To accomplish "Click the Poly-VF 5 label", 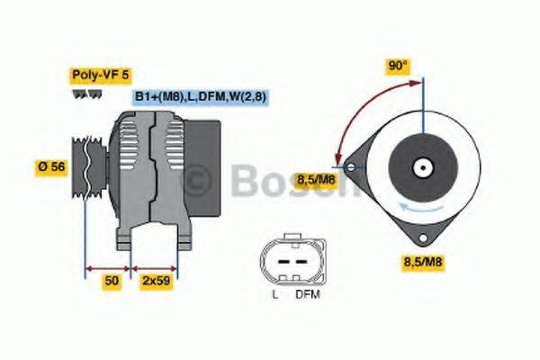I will [x=94, y=76].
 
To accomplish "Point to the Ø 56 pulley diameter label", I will [x=50, y=166].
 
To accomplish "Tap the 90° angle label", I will [x=398, y=66].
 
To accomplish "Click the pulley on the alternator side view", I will [x=85, y=166].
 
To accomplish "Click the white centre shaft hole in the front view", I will [x=420, y=166].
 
